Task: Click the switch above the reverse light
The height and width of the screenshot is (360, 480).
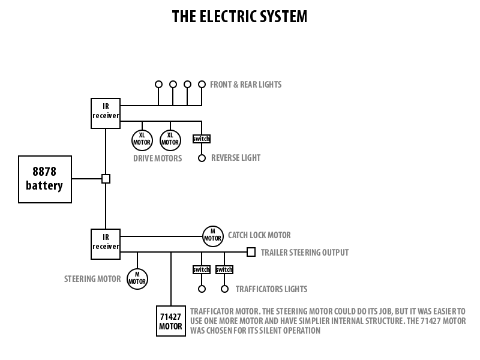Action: tap(202, 139)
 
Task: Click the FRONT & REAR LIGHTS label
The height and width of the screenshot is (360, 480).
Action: tap(246, 85)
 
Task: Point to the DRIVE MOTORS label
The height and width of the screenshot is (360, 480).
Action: tap(158, 158)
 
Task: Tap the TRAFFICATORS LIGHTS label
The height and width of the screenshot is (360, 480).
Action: tap(272, 289)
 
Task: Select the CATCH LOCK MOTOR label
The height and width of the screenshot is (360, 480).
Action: tap(259, 235)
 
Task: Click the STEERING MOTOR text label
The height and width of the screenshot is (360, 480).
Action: tap(92, 279)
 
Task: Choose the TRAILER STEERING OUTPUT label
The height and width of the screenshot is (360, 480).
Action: tap(305, 253)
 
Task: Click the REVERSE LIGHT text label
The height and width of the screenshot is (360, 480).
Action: tap(236, 158)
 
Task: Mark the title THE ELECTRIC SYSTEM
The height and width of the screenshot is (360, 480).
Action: tap(239, 16)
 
